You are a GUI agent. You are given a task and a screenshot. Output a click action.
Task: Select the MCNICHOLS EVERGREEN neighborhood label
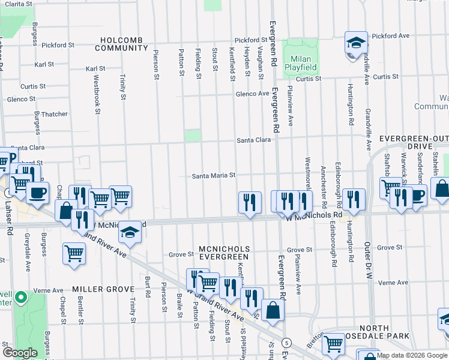pos(223,253)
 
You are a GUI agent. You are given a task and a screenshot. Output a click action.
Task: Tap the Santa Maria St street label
pos(213,176)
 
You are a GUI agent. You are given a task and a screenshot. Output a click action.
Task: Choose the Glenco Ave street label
pos(252,94)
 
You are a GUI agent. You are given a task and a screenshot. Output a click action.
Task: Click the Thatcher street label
pos(54,114)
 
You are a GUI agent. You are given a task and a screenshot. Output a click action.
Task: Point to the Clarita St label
pos(18,4)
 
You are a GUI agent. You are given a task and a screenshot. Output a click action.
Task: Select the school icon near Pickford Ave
pos(356,44)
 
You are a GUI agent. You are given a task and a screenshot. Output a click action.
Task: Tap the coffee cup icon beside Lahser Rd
pos(38,194)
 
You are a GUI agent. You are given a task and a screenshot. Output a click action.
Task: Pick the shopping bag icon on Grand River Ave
pos(273,311)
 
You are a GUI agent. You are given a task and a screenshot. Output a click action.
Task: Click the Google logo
pos(20,353)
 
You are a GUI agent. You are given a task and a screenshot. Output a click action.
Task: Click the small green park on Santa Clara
pos(192,136)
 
